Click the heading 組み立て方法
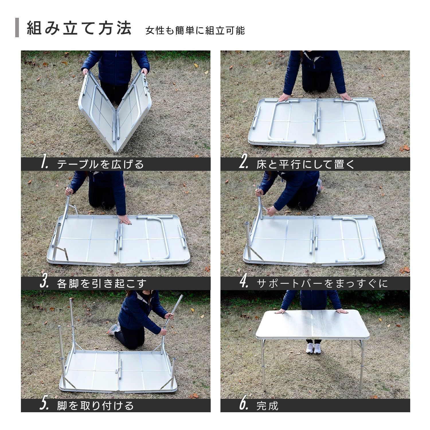coord(79,28)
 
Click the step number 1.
coord(44,164)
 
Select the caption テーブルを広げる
coord(101,164)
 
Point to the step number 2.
coord(244,164)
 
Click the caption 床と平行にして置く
coord(306,164)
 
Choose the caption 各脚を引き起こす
coord(102,284)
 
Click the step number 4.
coord(244,283)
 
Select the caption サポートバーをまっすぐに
coord(322,284)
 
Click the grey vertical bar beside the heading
coord(17,28)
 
